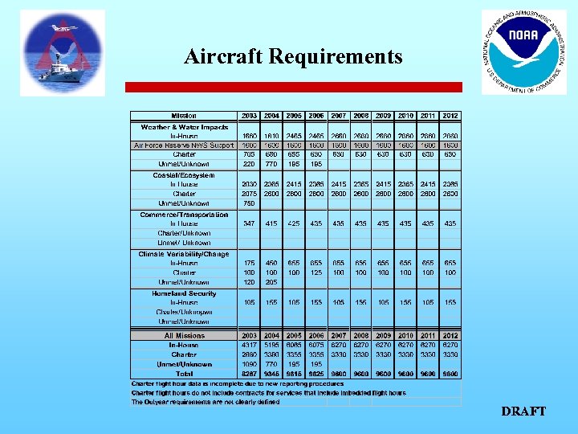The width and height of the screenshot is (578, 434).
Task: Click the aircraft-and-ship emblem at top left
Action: (x=63, y=53)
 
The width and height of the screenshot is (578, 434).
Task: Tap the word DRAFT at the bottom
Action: (x=523, y=411)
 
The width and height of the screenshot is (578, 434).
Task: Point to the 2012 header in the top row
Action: (x=450, y=115)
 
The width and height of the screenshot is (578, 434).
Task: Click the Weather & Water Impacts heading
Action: (x=185, y=127)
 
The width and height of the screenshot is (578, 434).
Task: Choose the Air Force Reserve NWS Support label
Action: (x=184, y=145)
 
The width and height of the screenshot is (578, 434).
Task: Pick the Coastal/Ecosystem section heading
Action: (x=184, y=174)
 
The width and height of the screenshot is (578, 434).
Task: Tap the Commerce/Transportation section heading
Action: (x=184, y=214)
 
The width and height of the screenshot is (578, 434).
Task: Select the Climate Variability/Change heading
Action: (x=184, y=253)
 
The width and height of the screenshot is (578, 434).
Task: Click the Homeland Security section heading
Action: (x=184, y=293)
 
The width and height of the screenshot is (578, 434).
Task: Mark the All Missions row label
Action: (x=184, y=335)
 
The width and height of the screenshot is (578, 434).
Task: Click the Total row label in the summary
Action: (x=184, y=374)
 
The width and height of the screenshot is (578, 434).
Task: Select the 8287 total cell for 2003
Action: (x=249, y=374)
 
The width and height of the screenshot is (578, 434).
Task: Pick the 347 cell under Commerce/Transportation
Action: (x=249, y=223)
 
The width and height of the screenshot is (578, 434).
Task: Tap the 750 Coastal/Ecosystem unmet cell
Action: (x=249, y=203)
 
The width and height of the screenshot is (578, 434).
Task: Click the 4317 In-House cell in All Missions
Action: (x=249, y=345)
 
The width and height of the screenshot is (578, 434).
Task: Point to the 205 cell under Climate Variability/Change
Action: (x=271, y=282)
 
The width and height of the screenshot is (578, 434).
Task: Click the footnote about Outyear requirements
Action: (x=206, y=402)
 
